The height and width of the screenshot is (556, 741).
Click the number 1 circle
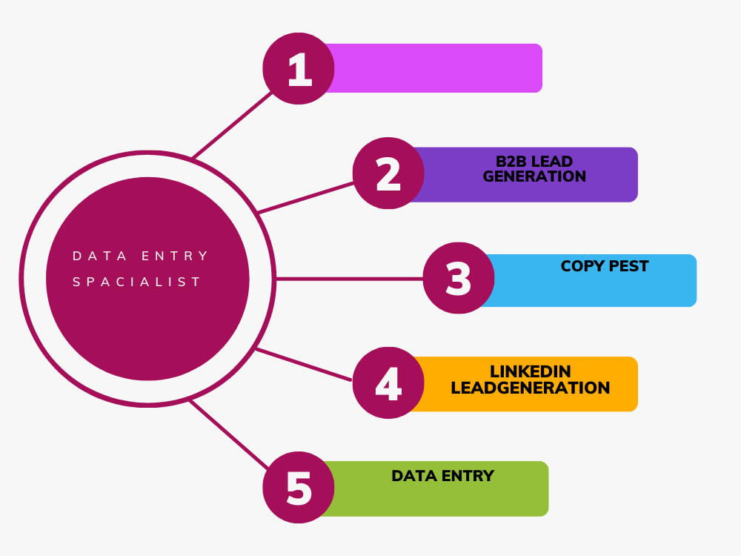299,68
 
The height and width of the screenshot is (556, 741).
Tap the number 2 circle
388,173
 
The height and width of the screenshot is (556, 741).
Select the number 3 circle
459,278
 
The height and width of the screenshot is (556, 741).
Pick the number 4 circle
388,383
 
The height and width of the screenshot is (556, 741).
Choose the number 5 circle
299,488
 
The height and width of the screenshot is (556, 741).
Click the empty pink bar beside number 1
433,68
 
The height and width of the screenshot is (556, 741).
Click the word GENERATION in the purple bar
534,176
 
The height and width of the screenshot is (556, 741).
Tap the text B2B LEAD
534,161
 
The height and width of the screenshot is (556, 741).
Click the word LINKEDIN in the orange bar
531,371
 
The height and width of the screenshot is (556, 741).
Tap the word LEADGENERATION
531,388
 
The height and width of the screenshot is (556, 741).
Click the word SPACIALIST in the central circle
137,282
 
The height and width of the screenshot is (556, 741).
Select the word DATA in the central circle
100,256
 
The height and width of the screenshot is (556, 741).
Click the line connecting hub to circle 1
233,125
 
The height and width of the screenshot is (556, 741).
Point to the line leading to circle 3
349,279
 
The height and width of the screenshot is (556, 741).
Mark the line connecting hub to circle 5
229,434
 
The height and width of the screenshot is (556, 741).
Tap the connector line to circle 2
306,198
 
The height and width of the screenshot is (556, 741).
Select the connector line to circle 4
303,365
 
